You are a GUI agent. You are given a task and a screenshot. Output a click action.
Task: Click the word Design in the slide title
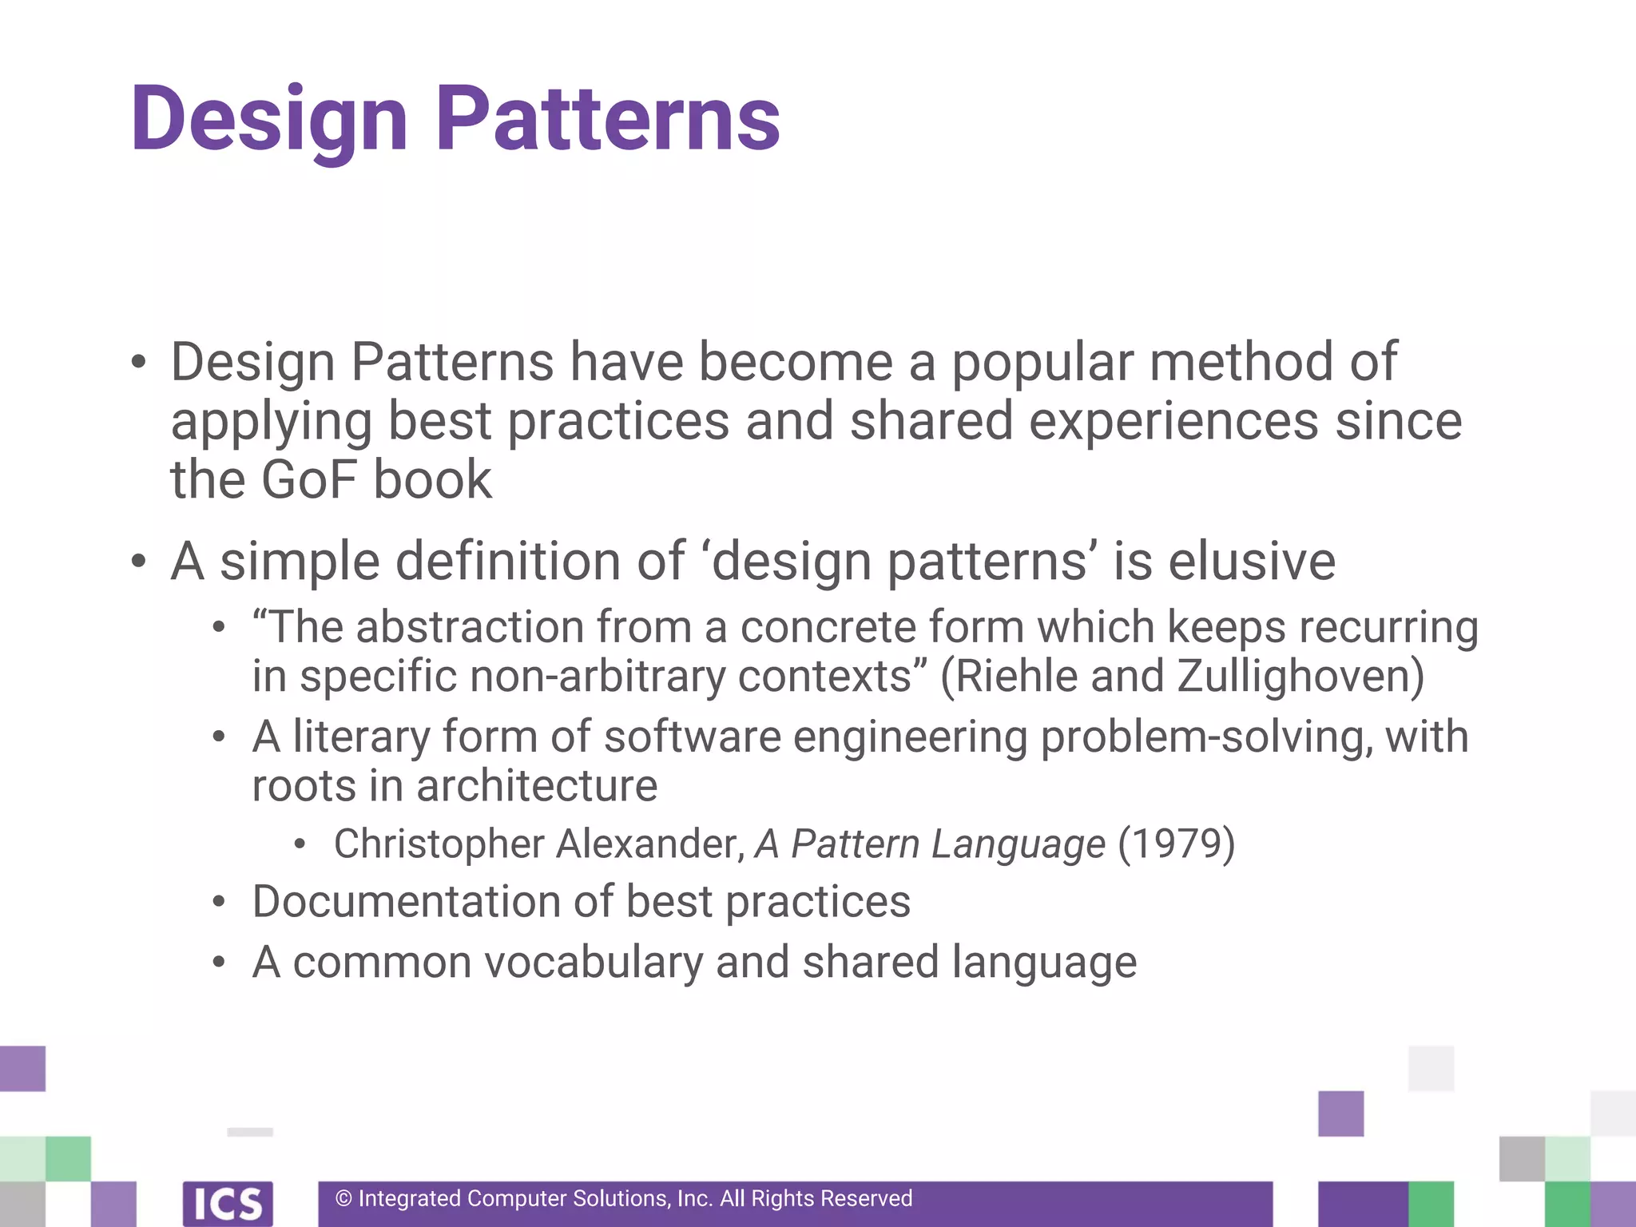pyautogui.click(x=269, y=120)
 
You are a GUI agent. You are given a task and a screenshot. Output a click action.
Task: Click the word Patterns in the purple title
pyautogui.click(x=607, y=120)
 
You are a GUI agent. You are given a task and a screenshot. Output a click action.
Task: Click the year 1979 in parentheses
pyautogui.click(x=1176, y=844)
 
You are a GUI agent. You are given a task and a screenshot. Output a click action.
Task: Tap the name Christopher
pyautogui.click(x=439, y=844)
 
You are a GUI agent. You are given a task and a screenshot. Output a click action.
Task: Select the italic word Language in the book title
pyautogui.click(x=1019, y=845)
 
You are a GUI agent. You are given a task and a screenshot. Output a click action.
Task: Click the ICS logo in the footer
pyautogui.click(x=228, y=1203)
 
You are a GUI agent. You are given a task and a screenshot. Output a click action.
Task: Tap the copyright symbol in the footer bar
pyautogui.click(x=343, y=1199)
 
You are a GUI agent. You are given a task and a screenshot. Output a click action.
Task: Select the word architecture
pyautogui.click(x=536, y=786)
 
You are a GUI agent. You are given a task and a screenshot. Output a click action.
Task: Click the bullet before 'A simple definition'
pyautogui.click(x=139, y=562)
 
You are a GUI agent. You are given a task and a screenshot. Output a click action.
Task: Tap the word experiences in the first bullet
pyautogui.click(x=1173, y=422)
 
